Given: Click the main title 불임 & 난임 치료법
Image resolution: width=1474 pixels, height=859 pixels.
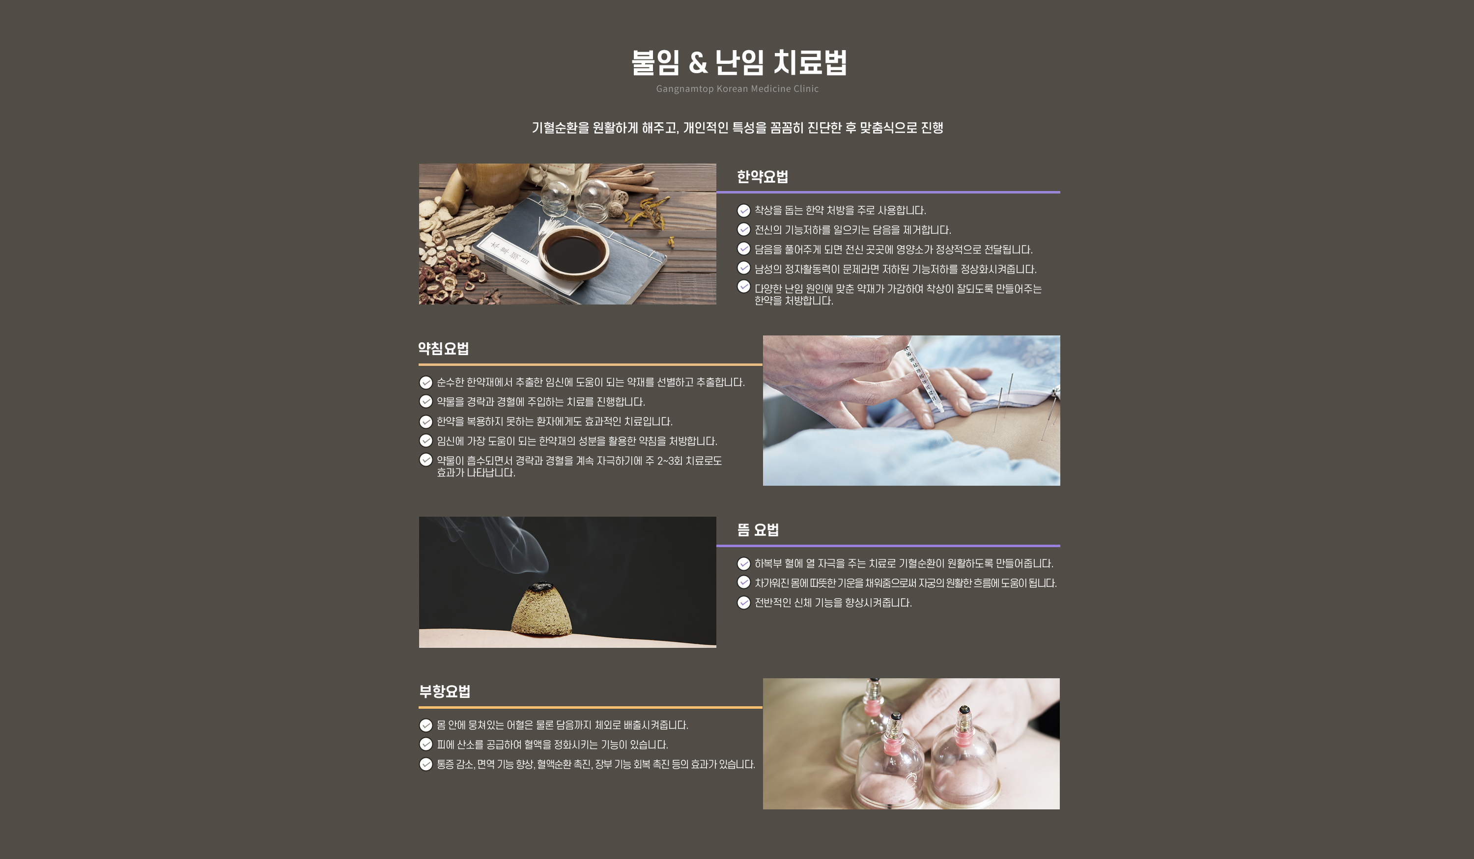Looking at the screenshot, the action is click(x=739, y=62).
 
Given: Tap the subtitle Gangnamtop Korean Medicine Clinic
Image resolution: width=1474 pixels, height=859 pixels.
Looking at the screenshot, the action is click(x=737, y=89).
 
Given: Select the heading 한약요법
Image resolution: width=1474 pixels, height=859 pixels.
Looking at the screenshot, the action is click(x=762, y=177).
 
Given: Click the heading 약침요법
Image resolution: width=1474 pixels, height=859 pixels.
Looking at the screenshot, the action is click(x=443, y=349).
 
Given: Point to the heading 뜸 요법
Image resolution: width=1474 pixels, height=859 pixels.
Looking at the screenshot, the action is click(x=758, y=530).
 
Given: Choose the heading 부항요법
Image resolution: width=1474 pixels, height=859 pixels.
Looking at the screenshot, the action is click(x=445, y=691).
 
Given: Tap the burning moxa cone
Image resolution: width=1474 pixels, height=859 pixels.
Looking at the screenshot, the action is click(x=541, y=609).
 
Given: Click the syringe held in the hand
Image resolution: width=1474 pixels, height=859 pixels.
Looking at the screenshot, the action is click(x=922, y=375).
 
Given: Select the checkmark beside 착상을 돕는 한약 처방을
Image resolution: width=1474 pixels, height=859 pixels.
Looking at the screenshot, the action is click(x=743, y=211).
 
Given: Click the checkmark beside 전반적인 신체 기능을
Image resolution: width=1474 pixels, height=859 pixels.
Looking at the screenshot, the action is click(x=743, y=603).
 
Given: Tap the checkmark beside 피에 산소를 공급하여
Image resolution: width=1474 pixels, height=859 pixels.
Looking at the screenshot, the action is click(x=426, y=745).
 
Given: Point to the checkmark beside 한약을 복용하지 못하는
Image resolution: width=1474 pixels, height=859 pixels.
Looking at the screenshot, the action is click(x=426, y=421).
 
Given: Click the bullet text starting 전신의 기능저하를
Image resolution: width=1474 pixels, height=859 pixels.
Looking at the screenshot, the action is click(x=853, y=230).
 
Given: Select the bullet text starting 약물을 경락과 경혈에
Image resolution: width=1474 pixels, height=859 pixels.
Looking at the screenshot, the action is click(x=541, y=402).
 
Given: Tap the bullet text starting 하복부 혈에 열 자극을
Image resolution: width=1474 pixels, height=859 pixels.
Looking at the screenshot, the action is click(x=904, y=563).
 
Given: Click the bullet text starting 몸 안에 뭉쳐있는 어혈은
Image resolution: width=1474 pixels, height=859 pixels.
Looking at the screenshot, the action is click(x=563, y=725).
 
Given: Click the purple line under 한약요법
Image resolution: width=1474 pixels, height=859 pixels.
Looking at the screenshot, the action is click(x=888, y=192).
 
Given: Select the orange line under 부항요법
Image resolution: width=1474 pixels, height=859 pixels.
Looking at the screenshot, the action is click(x=591, y=707).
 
